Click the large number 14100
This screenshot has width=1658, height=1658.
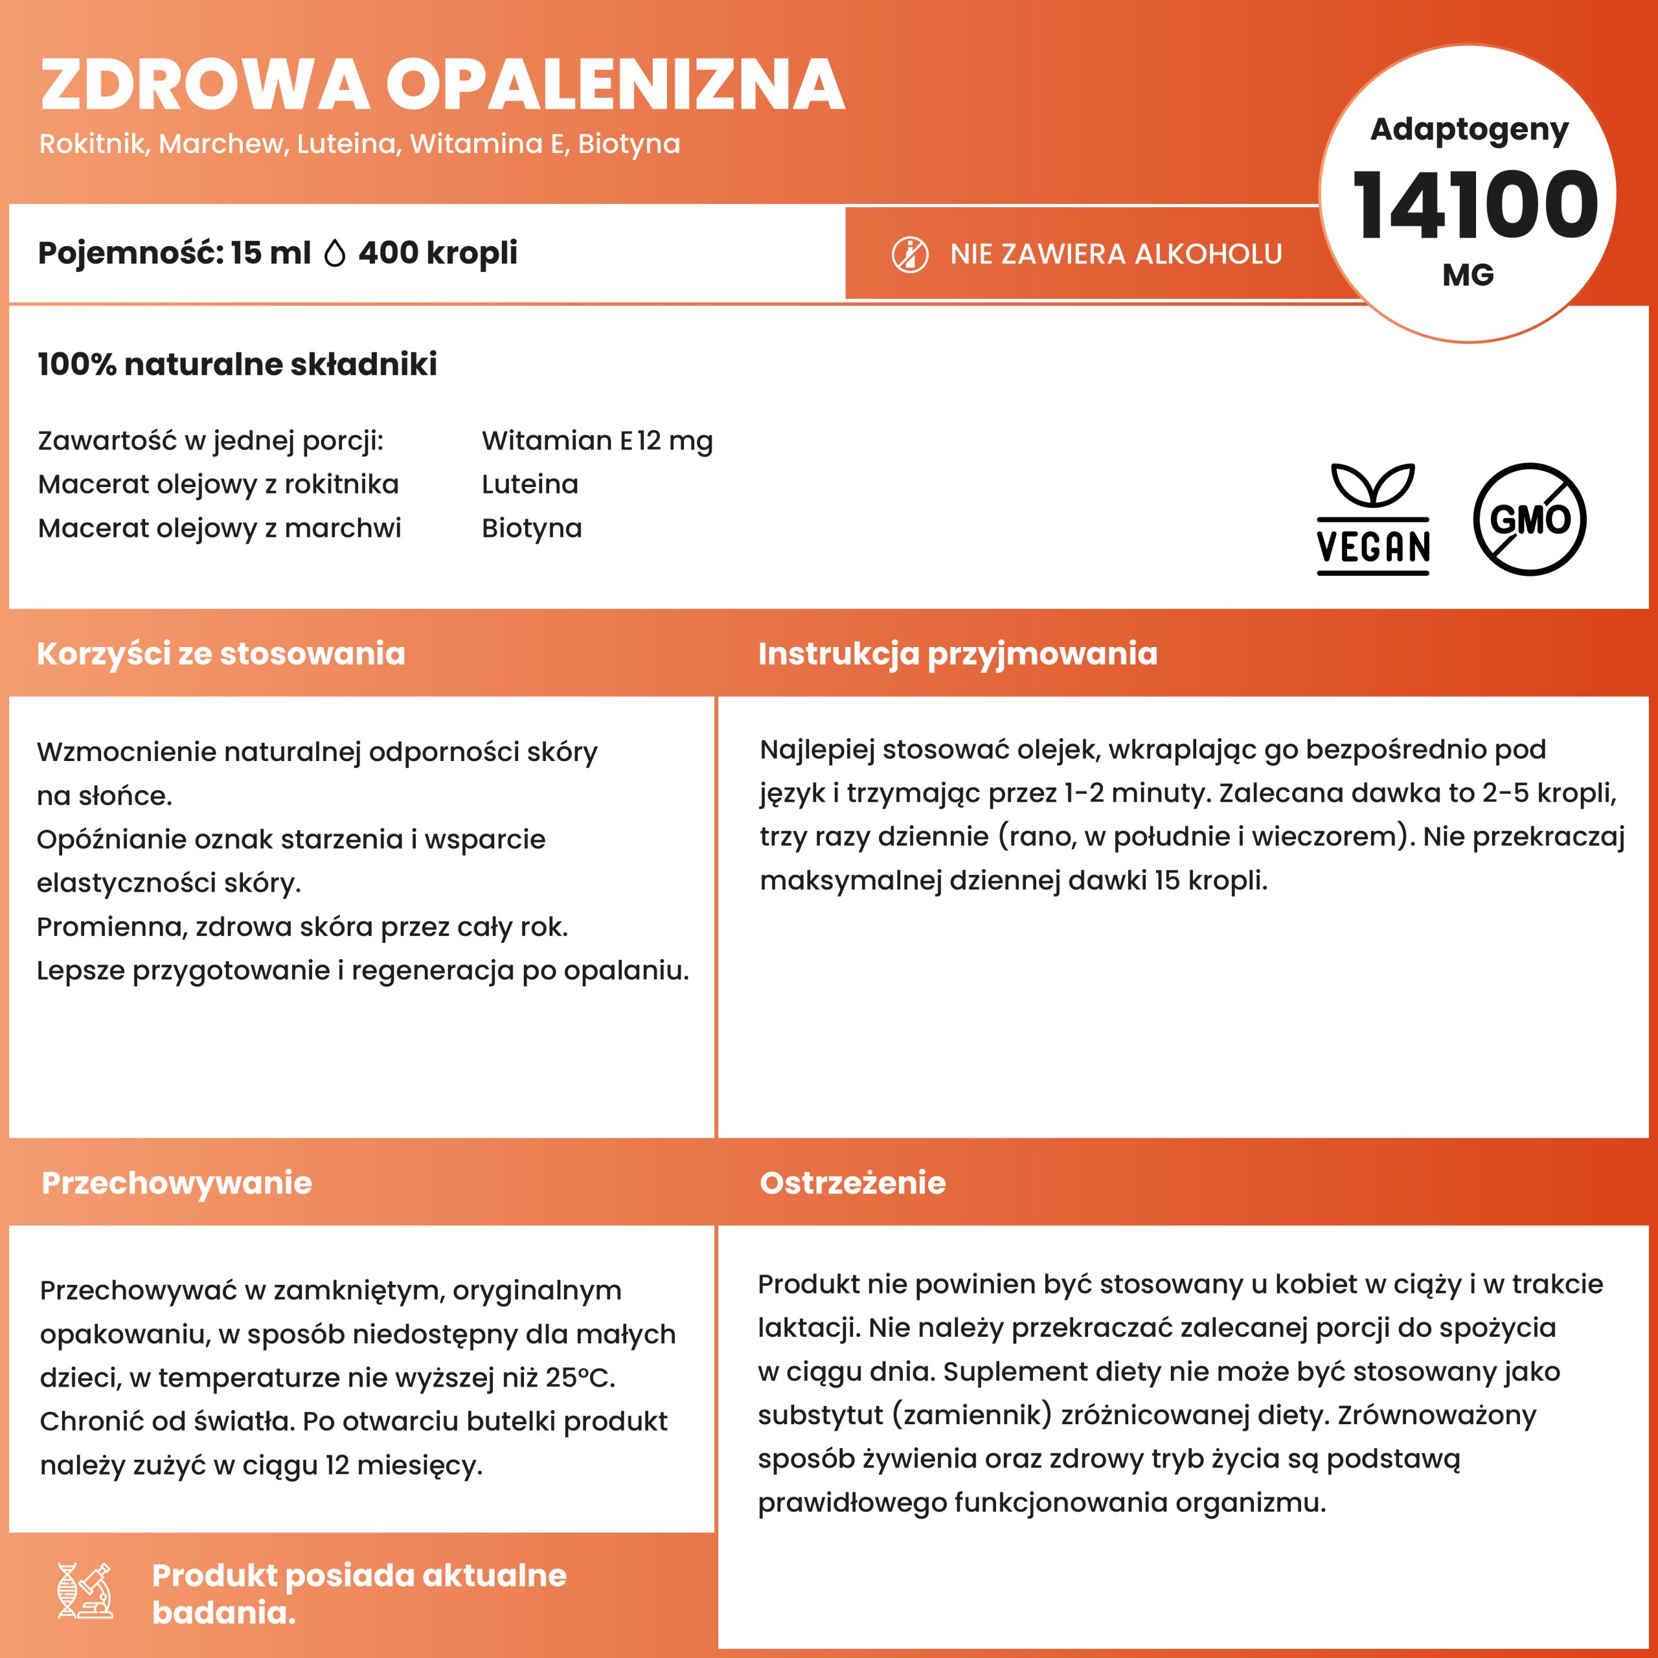pos(1474,205)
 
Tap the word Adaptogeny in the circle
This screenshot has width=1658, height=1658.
pos(1469,130)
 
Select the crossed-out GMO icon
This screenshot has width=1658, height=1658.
pos(1529,519)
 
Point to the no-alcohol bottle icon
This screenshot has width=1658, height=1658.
pos(910,255)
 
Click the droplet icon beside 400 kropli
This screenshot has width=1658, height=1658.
pos(335,254)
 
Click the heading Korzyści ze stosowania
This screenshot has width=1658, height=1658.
pos(221,654)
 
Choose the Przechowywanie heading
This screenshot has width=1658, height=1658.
pos(177,1183)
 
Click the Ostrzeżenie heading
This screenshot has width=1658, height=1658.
pos(852,1183)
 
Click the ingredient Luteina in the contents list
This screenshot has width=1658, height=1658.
pos(530,484)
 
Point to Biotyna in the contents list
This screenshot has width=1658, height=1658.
pos(531,528)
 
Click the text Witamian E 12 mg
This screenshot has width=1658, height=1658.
pos(596,441)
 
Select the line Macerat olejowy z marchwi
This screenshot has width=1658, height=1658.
pos(219,528)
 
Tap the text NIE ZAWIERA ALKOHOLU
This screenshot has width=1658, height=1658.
pos(1116,254)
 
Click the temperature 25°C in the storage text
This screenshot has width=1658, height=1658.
pos(579,1378)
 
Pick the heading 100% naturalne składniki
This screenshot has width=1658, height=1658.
pos(237,364)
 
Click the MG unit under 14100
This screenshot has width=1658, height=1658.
pos(1468,275)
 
